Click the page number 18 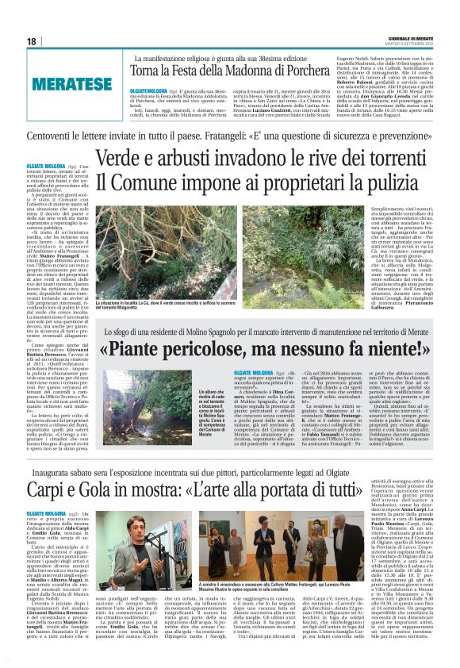[x=32, y=41]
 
